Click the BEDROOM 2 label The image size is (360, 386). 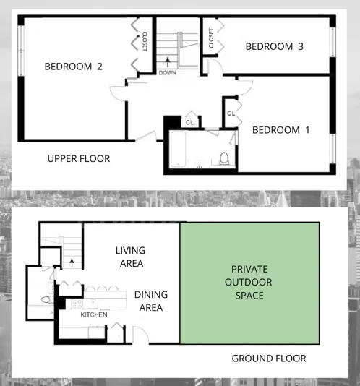73,67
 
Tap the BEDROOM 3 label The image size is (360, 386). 274,46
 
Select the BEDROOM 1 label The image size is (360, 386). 280,130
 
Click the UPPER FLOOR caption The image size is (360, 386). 79,158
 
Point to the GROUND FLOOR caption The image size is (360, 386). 268,359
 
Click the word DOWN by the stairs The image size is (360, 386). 167,72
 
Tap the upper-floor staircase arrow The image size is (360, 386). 167,61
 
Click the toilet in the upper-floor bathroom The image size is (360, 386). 224,158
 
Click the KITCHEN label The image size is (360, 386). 94,314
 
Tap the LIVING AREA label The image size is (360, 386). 130,257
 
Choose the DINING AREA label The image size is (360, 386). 150,301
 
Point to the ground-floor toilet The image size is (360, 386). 46,299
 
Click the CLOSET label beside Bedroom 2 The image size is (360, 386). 144,40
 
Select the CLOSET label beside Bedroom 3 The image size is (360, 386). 210,38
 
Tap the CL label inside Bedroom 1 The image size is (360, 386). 231,113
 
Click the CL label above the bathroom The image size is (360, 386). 189,122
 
